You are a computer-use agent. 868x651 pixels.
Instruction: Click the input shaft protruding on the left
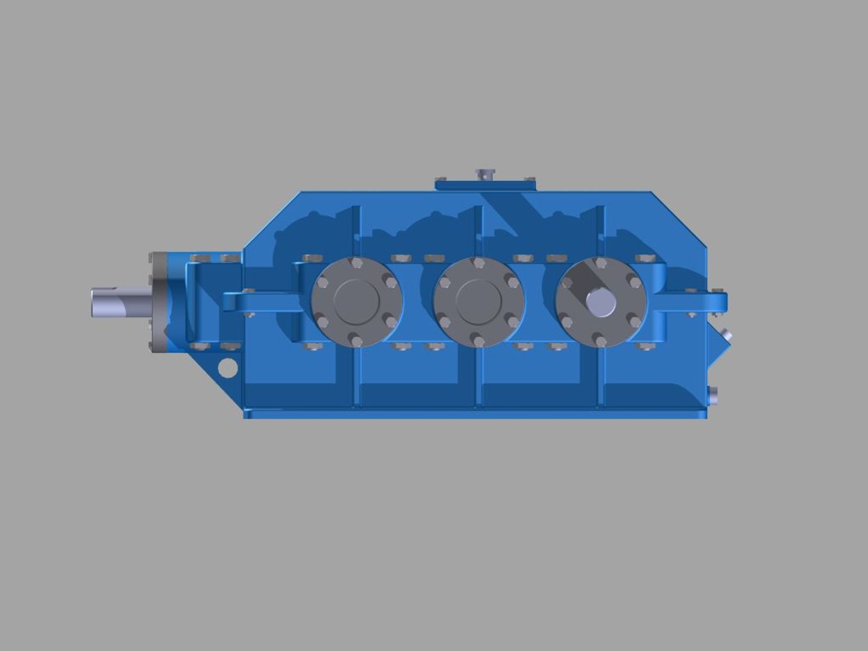click(x=118, y=302)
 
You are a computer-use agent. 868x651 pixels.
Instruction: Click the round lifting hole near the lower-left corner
click(x=227, y=368)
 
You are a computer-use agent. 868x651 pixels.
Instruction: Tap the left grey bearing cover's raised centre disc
click(x=356, y=301)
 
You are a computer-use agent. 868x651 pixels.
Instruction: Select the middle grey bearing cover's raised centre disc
click(x=479, y=301)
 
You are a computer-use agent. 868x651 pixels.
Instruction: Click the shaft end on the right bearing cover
click(x=601, y=303)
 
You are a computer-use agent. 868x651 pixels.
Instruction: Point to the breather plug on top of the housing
click(x=484, y=174)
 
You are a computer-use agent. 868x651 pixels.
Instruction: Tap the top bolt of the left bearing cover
click(x=356, y=263)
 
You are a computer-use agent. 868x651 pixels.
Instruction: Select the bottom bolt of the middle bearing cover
click(x=479, y=341)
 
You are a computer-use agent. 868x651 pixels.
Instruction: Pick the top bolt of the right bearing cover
click(x=601, y=263)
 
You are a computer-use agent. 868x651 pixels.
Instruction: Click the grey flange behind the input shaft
click(x=158, y=301)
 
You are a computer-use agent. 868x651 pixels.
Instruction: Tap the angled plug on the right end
click(x=726, y=334)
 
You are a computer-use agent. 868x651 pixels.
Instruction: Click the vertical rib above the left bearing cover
click(x=356, y=229)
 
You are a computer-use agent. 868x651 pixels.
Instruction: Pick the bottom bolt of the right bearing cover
click(x=600, y=341)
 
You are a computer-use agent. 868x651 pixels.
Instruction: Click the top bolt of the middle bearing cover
click(x=479, y=263)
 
